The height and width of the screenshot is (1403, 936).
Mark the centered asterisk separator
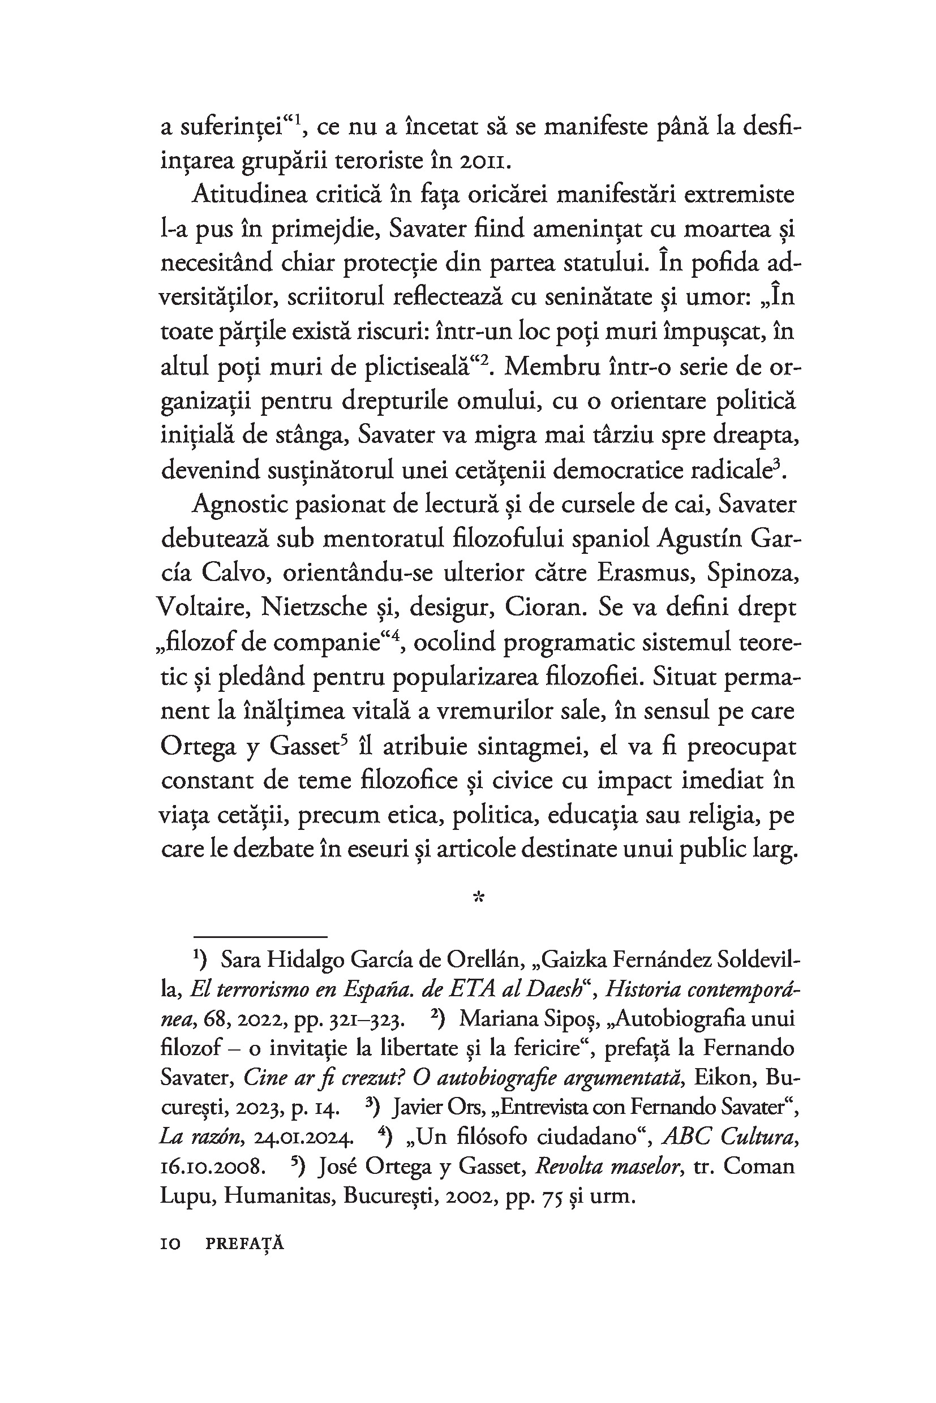(x=478, y=897)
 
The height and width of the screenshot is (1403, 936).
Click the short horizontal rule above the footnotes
(x=260, y=937)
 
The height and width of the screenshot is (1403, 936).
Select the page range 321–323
(x=363, y=1020)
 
